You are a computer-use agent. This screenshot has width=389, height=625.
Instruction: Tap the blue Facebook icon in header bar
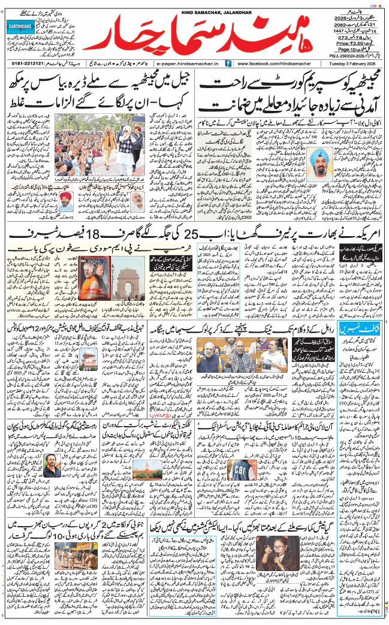coord(228,63)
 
